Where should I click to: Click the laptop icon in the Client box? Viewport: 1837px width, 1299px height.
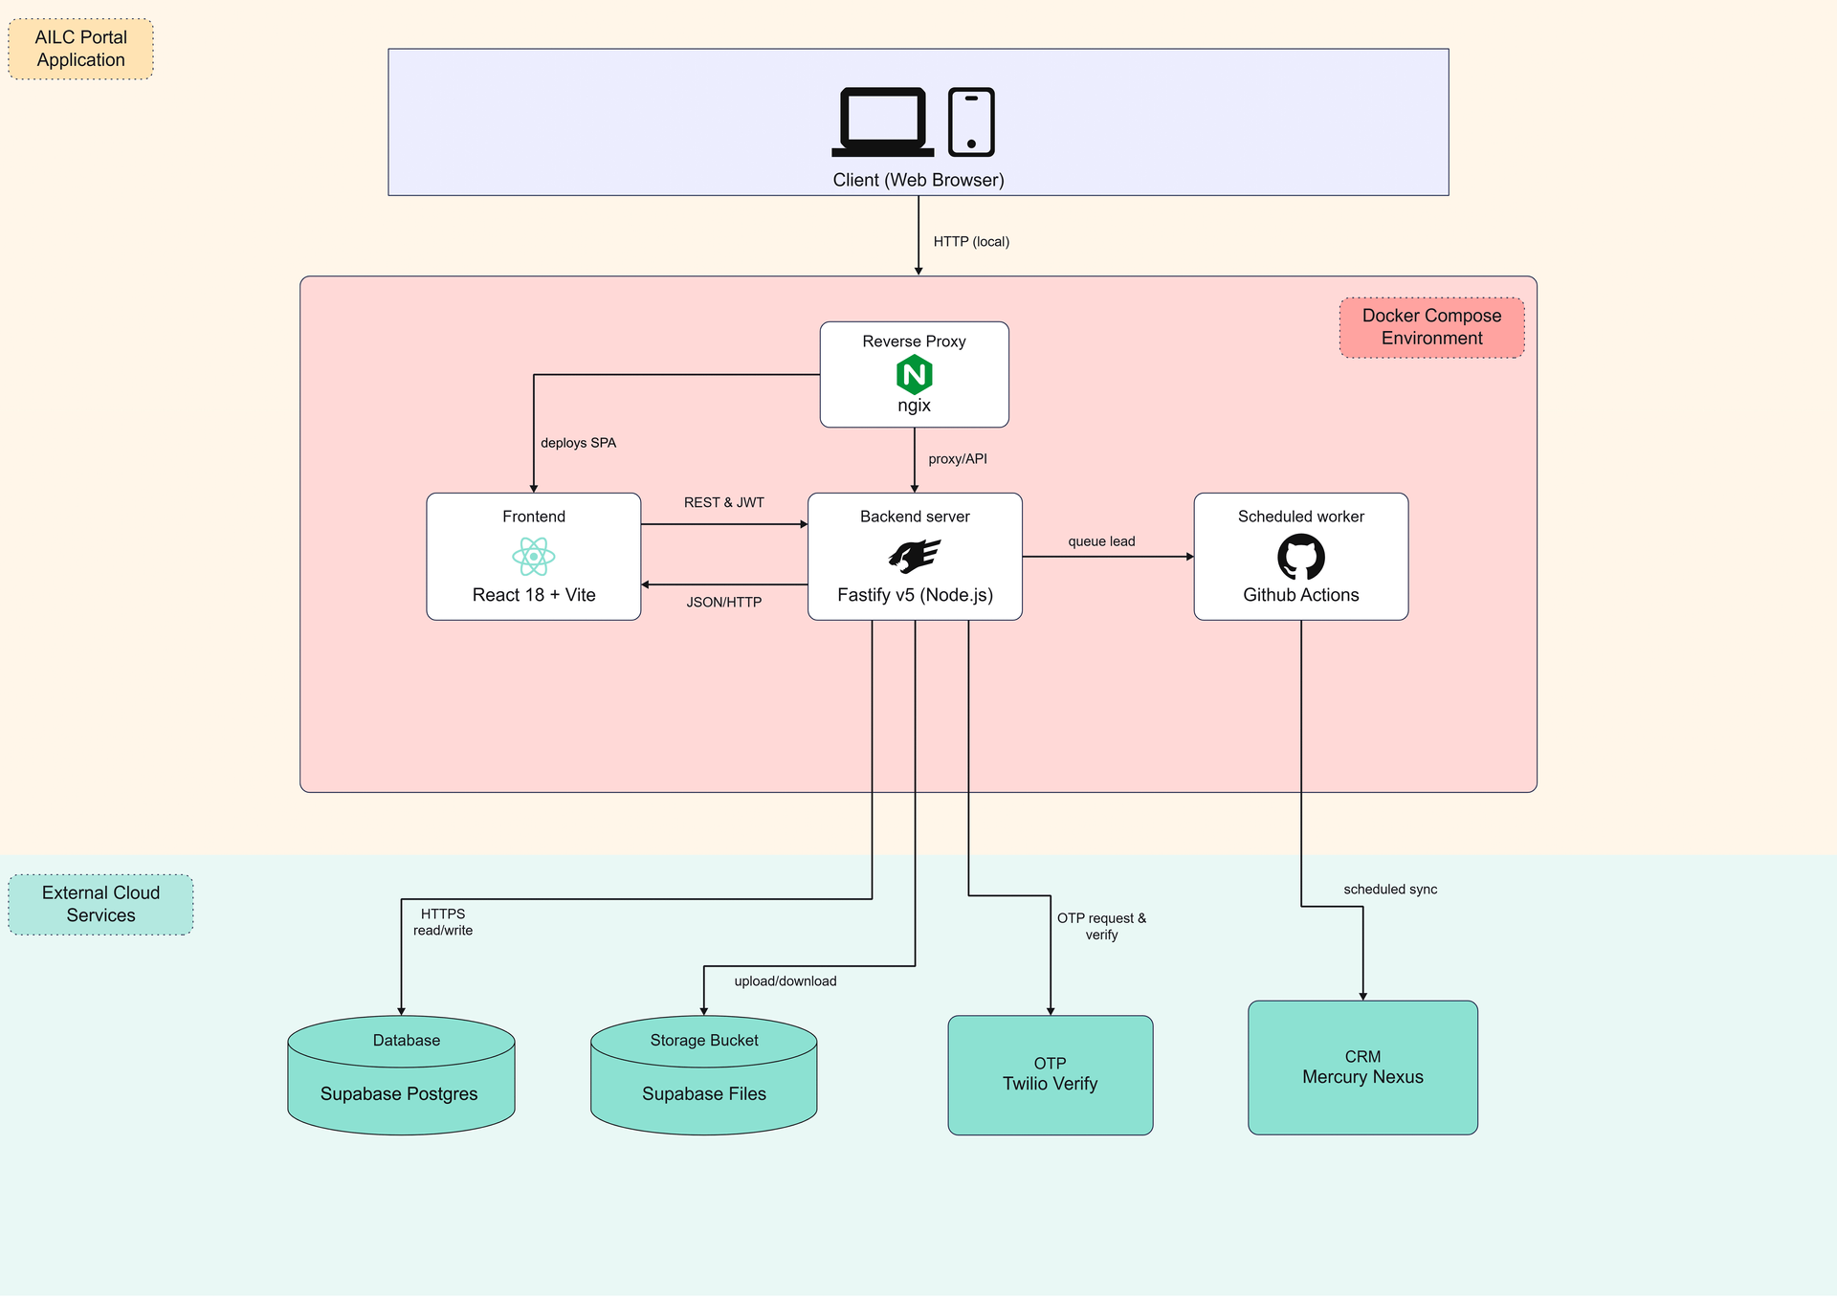pyautogui.click(x=882, y=121)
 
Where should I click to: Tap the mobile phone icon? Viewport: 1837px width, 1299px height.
pyautogui.click(x=971, y=121)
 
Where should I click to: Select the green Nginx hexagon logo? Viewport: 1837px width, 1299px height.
pyautogui.click(x=914, y=374)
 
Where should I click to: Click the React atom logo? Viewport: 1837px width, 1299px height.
pyautogui.click(x=534, y=556)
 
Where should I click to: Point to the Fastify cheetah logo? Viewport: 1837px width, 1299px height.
pyautogui.click(x=914, y=556)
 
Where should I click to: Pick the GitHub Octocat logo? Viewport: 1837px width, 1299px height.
pyautogui.click(x=1301, y=557)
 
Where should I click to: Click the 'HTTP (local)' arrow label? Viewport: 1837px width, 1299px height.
pyautogui.click(x=971, y=242)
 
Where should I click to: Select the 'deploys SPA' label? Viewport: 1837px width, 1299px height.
pyautogui.click(x=578, y=443)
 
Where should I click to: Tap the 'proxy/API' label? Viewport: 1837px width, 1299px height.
pyautogui.click(x=958, y=459)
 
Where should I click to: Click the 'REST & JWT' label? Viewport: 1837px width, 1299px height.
pyautogui.click(x=724, y=503)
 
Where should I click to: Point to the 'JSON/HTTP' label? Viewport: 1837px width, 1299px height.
pyautogui.click(x=724, y=603)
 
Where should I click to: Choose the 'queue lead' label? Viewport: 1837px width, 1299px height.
pyautogui.click(x=1101, y=541)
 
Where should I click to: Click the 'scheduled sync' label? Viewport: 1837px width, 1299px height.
pyautogui.click(x=1390, y=890)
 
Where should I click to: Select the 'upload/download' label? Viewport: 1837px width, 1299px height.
pyautogui.click(x=786, y=981)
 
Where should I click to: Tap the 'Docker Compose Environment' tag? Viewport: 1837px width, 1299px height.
pyautogui.click(x=1431, y=327)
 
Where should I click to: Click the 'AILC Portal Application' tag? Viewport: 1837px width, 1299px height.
pyautogui.click(x=81, y=49)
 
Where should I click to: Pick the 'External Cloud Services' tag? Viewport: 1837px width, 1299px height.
pyautogui.click(x=100, y=904)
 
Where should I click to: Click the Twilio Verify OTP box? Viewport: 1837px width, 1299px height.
pyautogui.click(x=1050, y=1075)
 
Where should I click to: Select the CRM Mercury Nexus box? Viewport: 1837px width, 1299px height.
pyautogui.click(x=1362, y=1068)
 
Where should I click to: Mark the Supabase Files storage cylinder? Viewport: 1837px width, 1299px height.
pyautogui.click(x=704, y=1075)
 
